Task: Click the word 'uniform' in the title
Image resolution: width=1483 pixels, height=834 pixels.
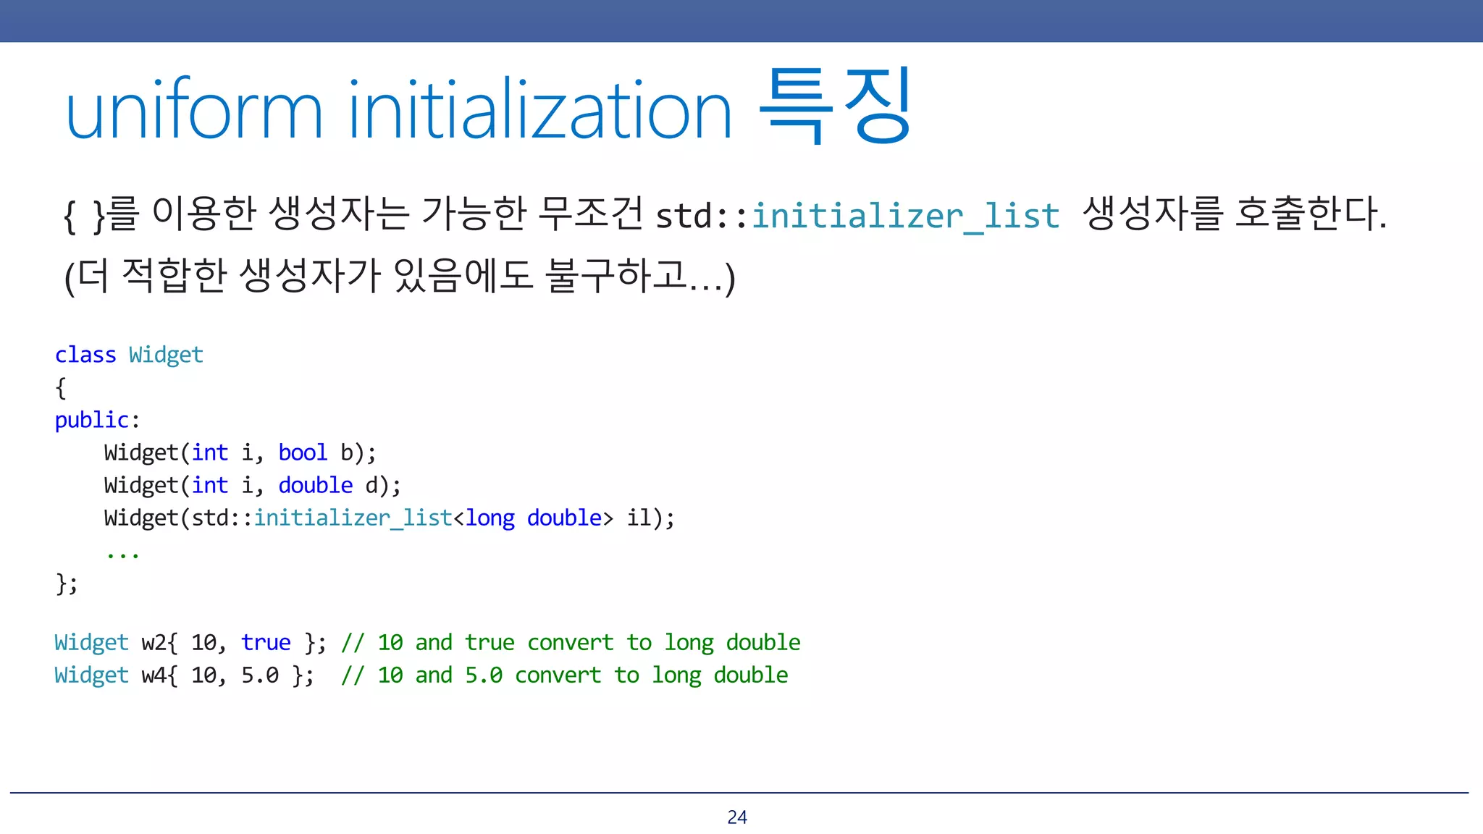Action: coord(194,111)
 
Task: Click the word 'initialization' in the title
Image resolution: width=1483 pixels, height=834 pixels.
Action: coord(539,111)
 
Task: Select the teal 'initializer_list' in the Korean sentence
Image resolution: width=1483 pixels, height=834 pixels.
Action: coord(905,216)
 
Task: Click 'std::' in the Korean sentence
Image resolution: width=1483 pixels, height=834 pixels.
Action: coord(701,216)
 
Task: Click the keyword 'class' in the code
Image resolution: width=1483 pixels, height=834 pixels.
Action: coord(85,355)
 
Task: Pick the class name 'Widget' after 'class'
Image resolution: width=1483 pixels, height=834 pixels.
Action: coord(166,355)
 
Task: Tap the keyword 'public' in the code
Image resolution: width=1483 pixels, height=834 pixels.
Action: coord(91,420)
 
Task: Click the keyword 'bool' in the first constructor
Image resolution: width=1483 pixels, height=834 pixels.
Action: coord(303,452)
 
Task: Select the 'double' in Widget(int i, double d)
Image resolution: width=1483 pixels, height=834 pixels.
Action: coord(316,485)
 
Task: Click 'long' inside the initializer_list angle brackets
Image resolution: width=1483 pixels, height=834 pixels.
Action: coord(490,518)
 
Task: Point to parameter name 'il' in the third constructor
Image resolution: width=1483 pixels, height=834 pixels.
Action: coord(639,518)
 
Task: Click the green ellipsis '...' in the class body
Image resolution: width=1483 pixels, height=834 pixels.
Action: coord(122,555)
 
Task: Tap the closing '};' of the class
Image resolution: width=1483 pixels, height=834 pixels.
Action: coord(67,583)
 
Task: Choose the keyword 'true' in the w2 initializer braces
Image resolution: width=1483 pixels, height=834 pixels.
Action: coord(266,642)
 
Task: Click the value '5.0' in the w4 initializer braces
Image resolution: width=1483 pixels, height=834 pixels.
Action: coord(260,675)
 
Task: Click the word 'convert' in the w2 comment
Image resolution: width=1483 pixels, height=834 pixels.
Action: coord(570,642)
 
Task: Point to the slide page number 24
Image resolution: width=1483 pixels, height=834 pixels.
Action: coord(737,817)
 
